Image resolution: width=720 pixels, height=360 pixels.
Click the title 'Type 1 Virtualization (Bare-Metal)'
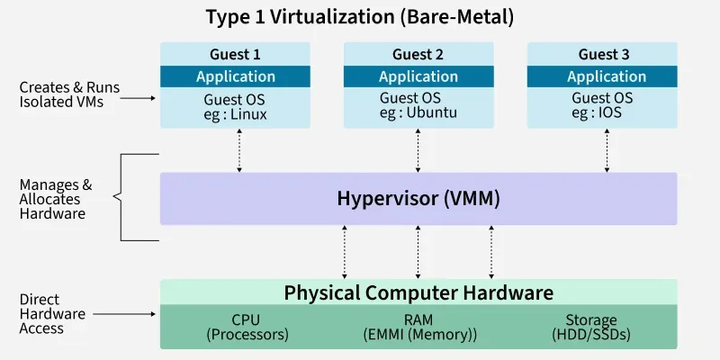[x=359, y=16]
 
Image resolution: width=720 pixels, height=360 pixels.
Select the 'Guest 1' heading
[x=235, y=54]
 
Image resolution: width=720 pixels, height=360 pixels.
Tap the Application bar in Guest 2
[x=418, y=76]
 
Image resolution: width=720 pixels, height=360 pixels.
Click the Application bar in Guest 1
[x=235, y=76]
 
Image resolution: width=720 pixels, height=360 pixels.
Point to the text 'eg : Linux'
[x=237, y=114]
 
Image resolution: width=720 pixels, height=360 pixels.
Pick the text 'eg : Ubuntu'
[x=418, y=114]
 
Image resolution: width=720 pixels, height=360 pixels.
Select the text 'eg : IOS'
[x=598, y=114]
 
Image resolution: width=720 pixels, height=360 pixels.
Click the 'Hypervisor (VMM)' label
[x=418, y=198]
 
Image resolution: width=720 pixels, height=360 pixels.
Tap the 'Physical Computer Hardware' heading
[x=418, y=292]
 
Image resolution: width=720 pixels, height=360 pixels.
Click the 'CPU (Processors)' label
[x=247, y=328]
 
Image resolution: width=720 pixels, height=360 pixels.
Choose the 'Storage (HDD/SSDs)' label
[x=590, y=328]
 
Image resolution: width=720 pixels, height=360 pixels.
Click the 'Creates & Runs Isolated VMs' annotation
[x=69, y=95]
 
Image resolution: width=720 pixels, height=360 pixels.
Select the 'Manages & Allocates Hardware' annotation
[x=52, y=199]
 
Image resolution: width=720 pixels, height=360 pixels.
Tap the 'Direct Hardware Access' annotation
[x=52, y=314]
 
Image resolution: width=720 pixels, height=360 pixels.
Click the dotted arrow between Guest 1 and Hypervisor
[x=239, y=150]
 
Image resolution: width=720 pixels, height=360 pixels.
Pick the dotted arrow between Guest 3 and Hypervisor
[x=603, y=150]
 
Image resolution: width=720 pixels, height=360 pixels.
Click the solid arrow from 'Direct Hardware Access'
[x=126, y=314]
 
